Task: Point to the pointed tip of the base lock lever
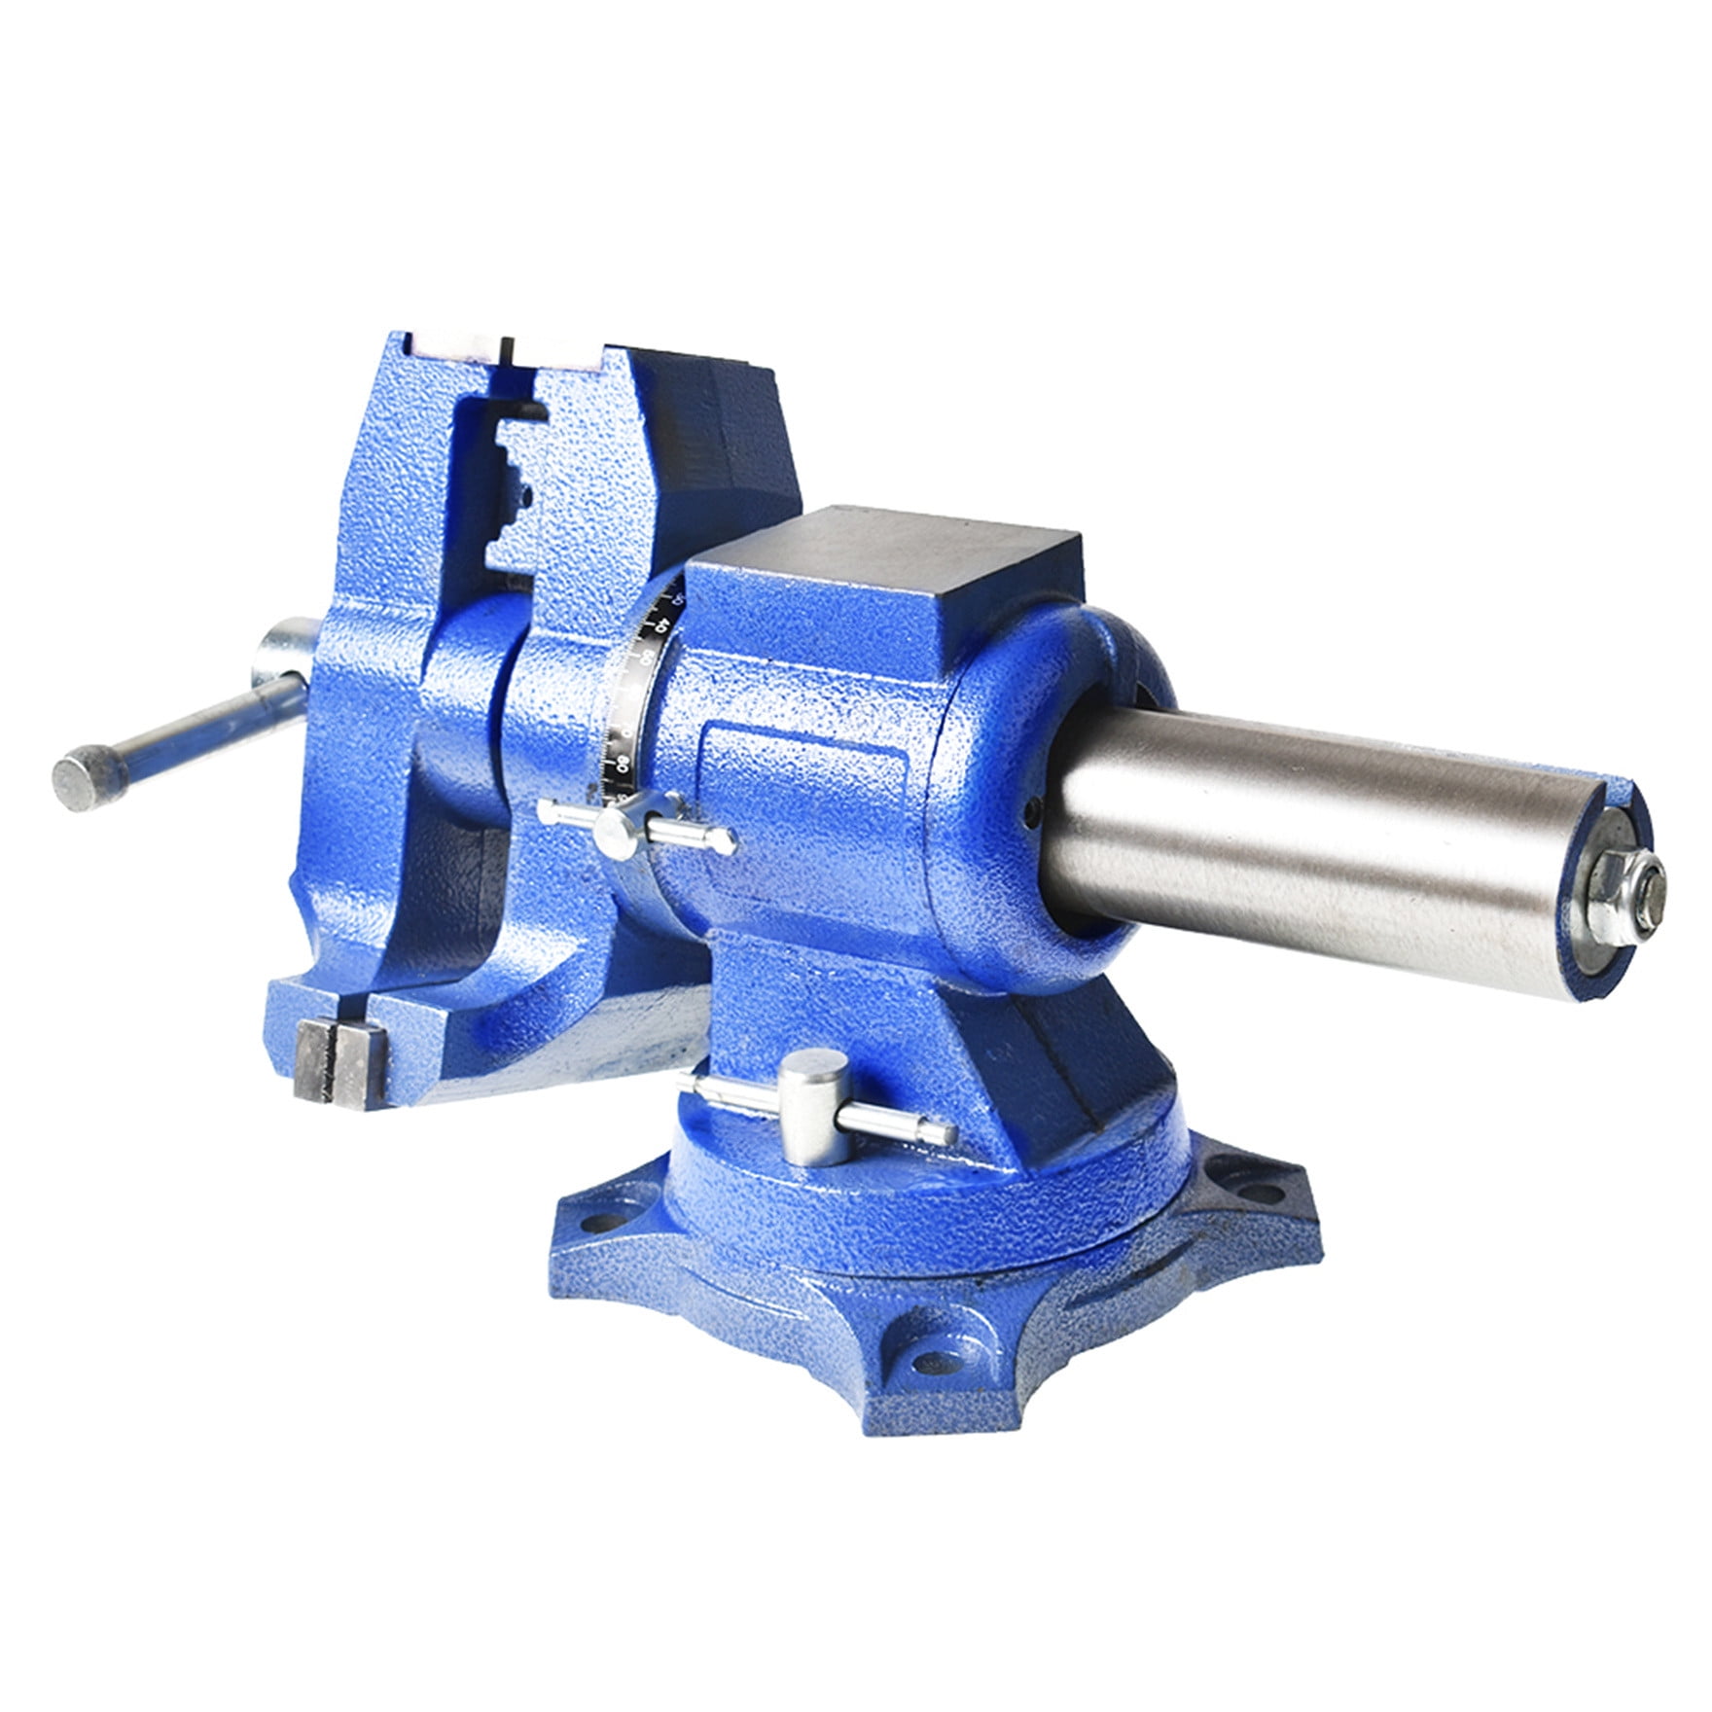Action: click(x=947, y=1134)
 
